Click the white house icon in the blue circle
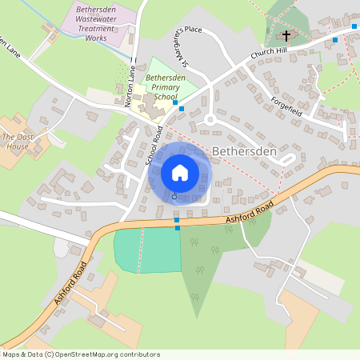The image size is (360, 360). point(180,172)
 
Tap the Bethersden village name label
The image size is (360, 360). point(244,150)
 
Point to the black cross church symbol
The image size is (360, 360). point(286,35)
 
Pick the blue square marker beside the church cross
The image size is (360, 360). point(334,39)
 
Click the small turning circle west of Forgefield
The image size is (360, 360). point(210,119)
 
